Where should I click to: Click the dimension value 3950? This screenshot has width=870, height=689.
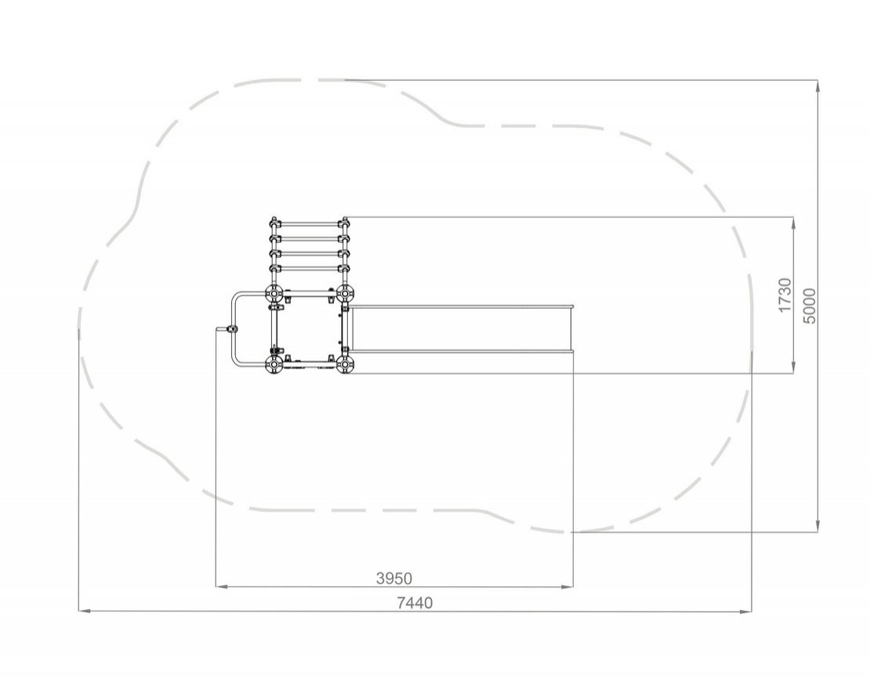coord(394,578)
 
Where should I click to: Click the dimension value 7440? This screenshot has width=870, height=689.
coord(415,603)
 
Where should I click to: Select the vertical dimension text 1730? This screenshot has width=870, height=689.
coord(785,296)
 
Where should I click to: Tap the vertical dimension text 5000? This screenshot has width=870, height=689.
coord(810,306)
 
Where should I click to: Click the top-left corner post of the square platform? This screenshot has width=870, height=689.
coord(274,292)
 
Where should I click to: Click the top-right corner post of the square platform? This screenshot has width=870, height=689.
coord(345,292)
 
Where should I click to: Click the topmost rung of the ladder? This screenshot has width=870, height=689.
coord(309,224)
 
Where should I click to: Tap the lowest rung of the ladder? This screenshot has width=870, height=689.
coord(309,270)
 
